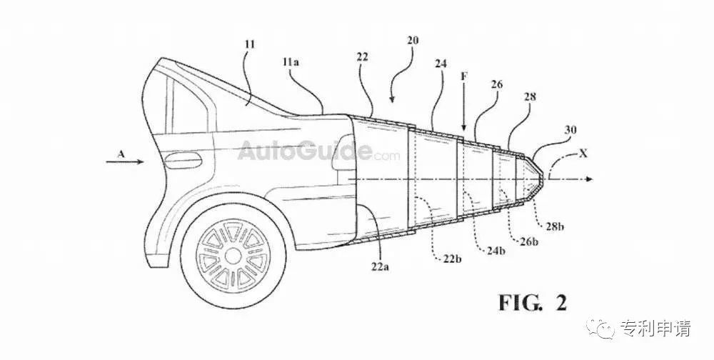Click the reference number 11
pyautogui.click(x=249, y=44)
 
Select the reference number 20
pyautogui.click(x=413, y=41)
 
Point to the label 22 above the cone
pyautogui.click(x=363, y=57)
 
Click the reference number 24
pyautogui.click(x=441, y=64)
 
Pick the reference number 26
pyautogui.click(x=496, y=84)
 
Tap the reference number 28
pyautogui.click(x=530, y=96)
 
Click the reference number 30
pyautogui.click(x=570, y=130)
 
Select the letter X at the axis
pyautogui.click(x=583, y=154)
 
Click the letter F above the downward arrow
pyautogui.click(x=463, y=76)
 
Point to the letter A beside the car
pyautogui.click(x=121, y=154)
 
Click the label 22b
pyautogui.click(x=452, y=259)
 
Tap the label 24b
pyautogui.click(x=495, y=250)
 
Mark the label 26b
pyautogui.click(x=528, y=241)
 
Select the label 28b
pyautogui.click(x=554, y=226)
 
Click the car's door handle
pyautogui.click(x=183, y=160)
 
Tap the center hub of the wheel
pyautogui.click(x=233, y=256)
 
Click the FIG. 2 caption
pyautogui.click(x=533, y=302)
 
